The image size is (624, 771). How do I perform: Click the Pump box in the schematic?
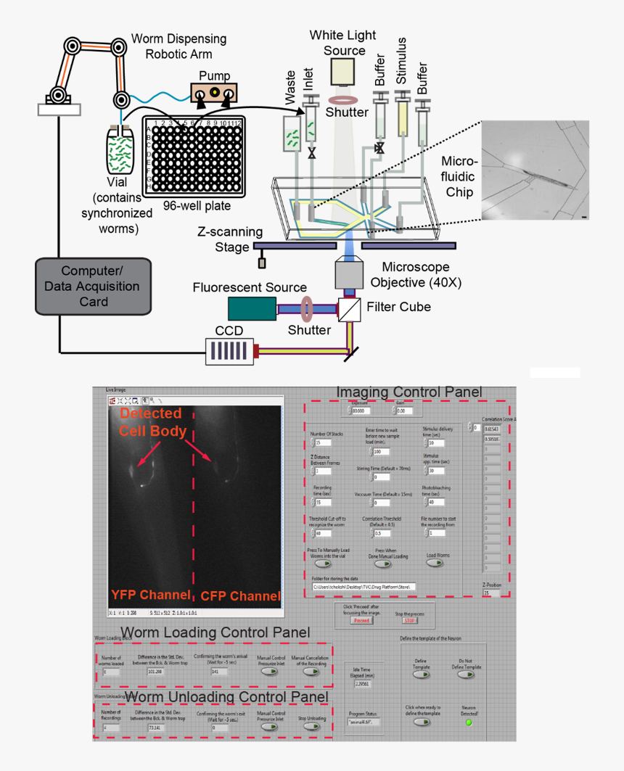[215, 93]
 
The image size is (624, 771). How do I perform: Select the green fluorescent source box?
[251, 308]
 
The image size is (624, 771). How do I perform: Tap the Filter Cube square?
[350, 309]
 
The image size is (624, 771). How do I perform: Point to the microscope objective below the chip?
[352, 273]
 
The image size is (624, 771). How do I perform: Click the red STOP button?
[411, 620]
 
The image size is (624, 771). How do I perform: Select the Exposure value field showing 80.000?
[361, 411]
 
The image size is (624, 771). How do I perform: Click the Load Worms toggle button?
[438, 563]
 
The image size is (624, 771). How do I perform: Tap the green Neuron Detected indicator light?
[469, 722]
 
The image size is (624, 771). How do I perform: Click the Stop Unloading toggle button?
[313, 727]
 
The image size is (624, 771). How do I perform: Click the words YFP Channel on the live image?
[151, 595]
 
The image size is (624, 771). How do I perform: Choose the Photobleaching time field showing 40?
[438, 502]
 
